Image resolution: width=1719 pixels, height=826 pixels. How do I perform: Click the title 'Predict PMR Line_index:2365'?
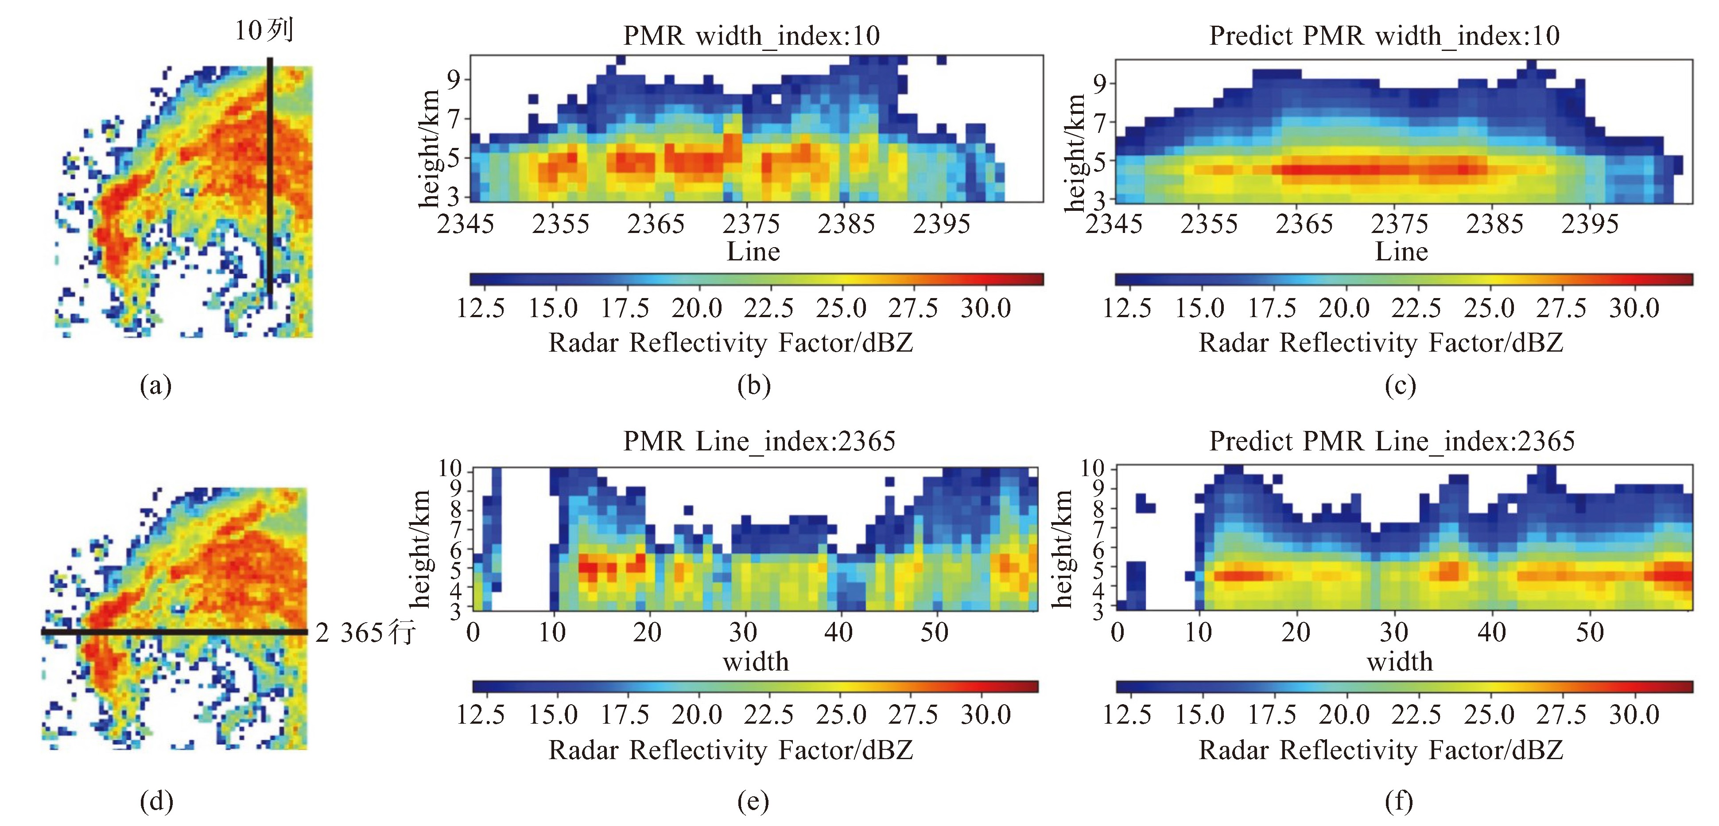1391,441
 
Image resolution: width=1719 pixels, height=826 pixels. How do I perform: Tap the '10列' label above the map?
264,31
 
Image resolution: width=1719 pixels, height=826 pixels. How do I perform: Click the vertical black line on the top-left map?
270,180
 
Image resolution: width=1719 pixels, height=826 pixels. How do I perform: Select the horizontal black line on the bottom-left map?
174,631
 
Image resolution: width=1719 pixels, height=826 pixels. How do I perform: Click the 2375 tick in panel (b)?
751,224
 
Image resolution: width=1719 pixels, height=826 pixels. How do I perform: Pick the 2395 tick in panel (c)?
1590,224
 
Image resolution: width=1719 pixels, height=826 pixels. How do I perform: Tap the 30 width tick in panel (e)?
743,632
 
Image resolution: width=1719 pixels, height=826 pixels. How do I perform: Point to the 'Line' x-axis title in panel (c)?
1401,252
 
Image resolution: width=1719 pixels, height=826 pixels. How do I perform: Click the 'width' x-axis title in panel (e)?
755,661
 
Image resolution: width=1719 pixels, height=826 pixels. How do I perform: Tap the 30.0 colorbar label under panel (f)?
1634,714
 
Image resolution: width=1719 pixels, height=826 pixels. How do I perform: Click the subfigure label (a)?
155,386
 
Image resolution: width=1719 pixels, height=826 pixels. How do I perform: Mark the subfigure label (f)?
1399,801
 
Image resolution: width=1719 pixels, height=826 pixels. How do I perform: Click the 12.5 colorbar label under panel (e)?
481,714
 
